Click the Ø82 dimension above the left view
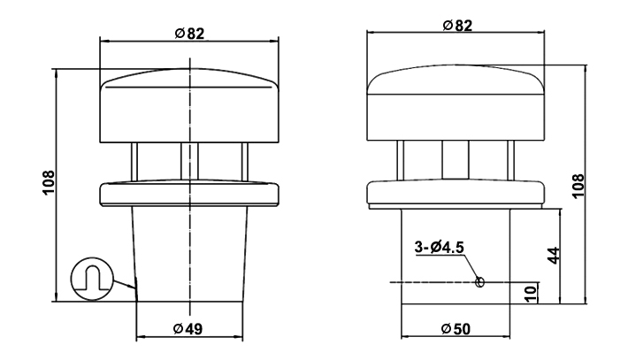pos(189,34)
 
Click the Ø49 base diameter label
pos(189,329)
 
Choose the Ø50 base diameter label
pos(456,329)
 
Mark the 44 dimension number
pos(551,256)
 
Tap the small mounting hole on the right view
pos(479,282)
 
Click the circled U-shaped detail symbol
pos(92,279)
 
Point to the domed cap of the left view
pos(189,106)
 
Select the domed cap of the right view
pos(456,102)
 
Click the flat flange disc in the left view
pos(189,193)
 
